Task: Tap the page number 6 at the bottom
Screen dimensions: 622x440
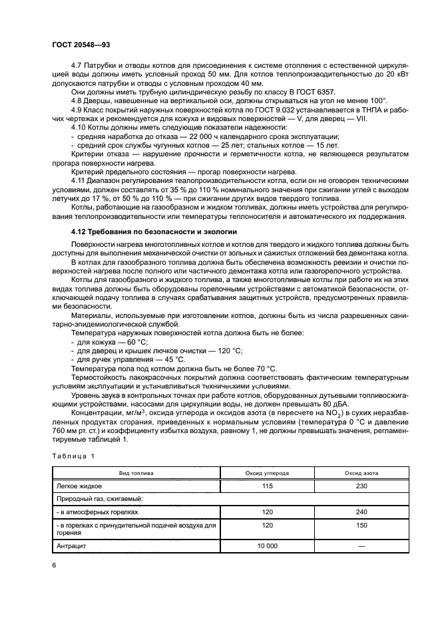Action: point(53,565)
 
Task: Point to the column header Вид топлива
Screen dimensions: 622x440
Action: point(136,473)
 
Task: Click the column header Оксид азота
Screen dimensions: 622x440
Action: point(361,473)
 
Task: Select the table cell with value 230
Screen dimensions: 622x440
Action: point(361,486)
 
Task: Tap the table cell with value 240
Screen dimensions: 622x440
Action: point(361,512)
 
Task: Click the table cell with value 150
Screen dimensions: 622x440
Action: point(361,529)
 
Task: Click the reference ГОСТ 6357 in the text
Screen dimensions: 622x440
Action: point(316,92)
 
